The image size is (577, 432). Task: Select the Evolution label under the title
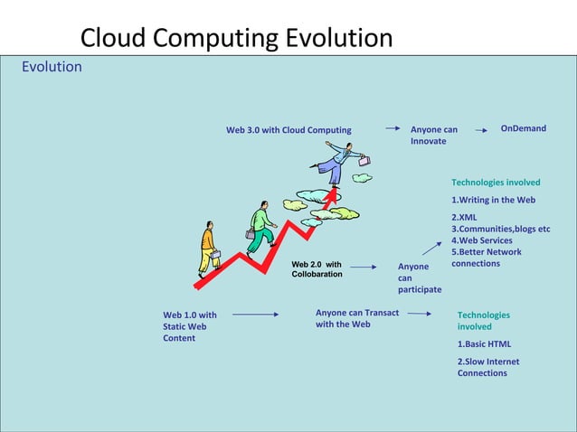[x=52, y=67]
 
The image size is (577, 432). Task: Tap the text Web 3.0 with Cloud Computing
[x=288, y=130]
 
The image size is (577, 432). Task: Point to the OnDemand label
[x=524, y=128]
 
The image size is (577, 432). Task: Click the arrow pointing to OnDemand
[x=481, y=129]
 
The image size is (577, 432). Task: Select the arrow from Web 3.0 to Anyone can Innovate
[x=393, y=129]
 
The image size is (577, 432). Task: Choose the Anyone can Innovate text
[x=433, y=136]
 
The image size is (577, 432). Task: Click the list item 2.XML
[x=464, y=218]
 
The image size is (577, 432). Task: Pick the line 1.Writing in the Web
[x=493, y=200]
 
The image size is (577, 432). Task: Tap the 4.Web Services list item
[x=481, y=240]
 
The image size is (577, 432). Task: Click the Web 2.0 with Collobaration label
[x=317, y=268]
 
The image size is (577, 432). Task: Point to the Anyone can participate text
[x=419, y=277]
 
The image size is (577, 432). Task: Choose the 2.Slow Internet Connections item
[x=488, y=367]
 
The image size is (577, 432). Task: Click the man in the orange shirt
[x=208, y=247]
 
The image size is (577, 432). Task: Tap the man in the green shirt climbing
[x=260, y=226]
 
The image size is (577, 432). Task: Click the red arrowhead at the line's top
[x=333, y=193]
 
